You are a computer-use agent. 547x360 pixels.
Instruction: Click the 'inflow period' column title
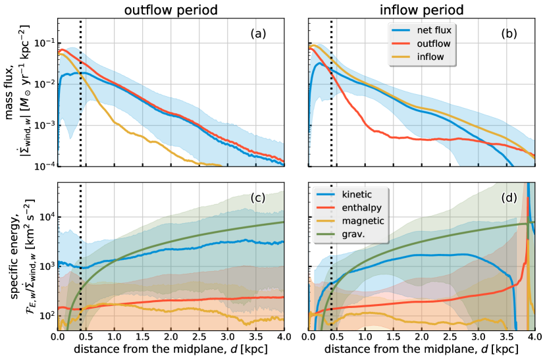click(423, 11)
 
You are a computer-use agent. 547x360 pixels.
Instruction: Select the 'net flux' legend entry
click(436, 30)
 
